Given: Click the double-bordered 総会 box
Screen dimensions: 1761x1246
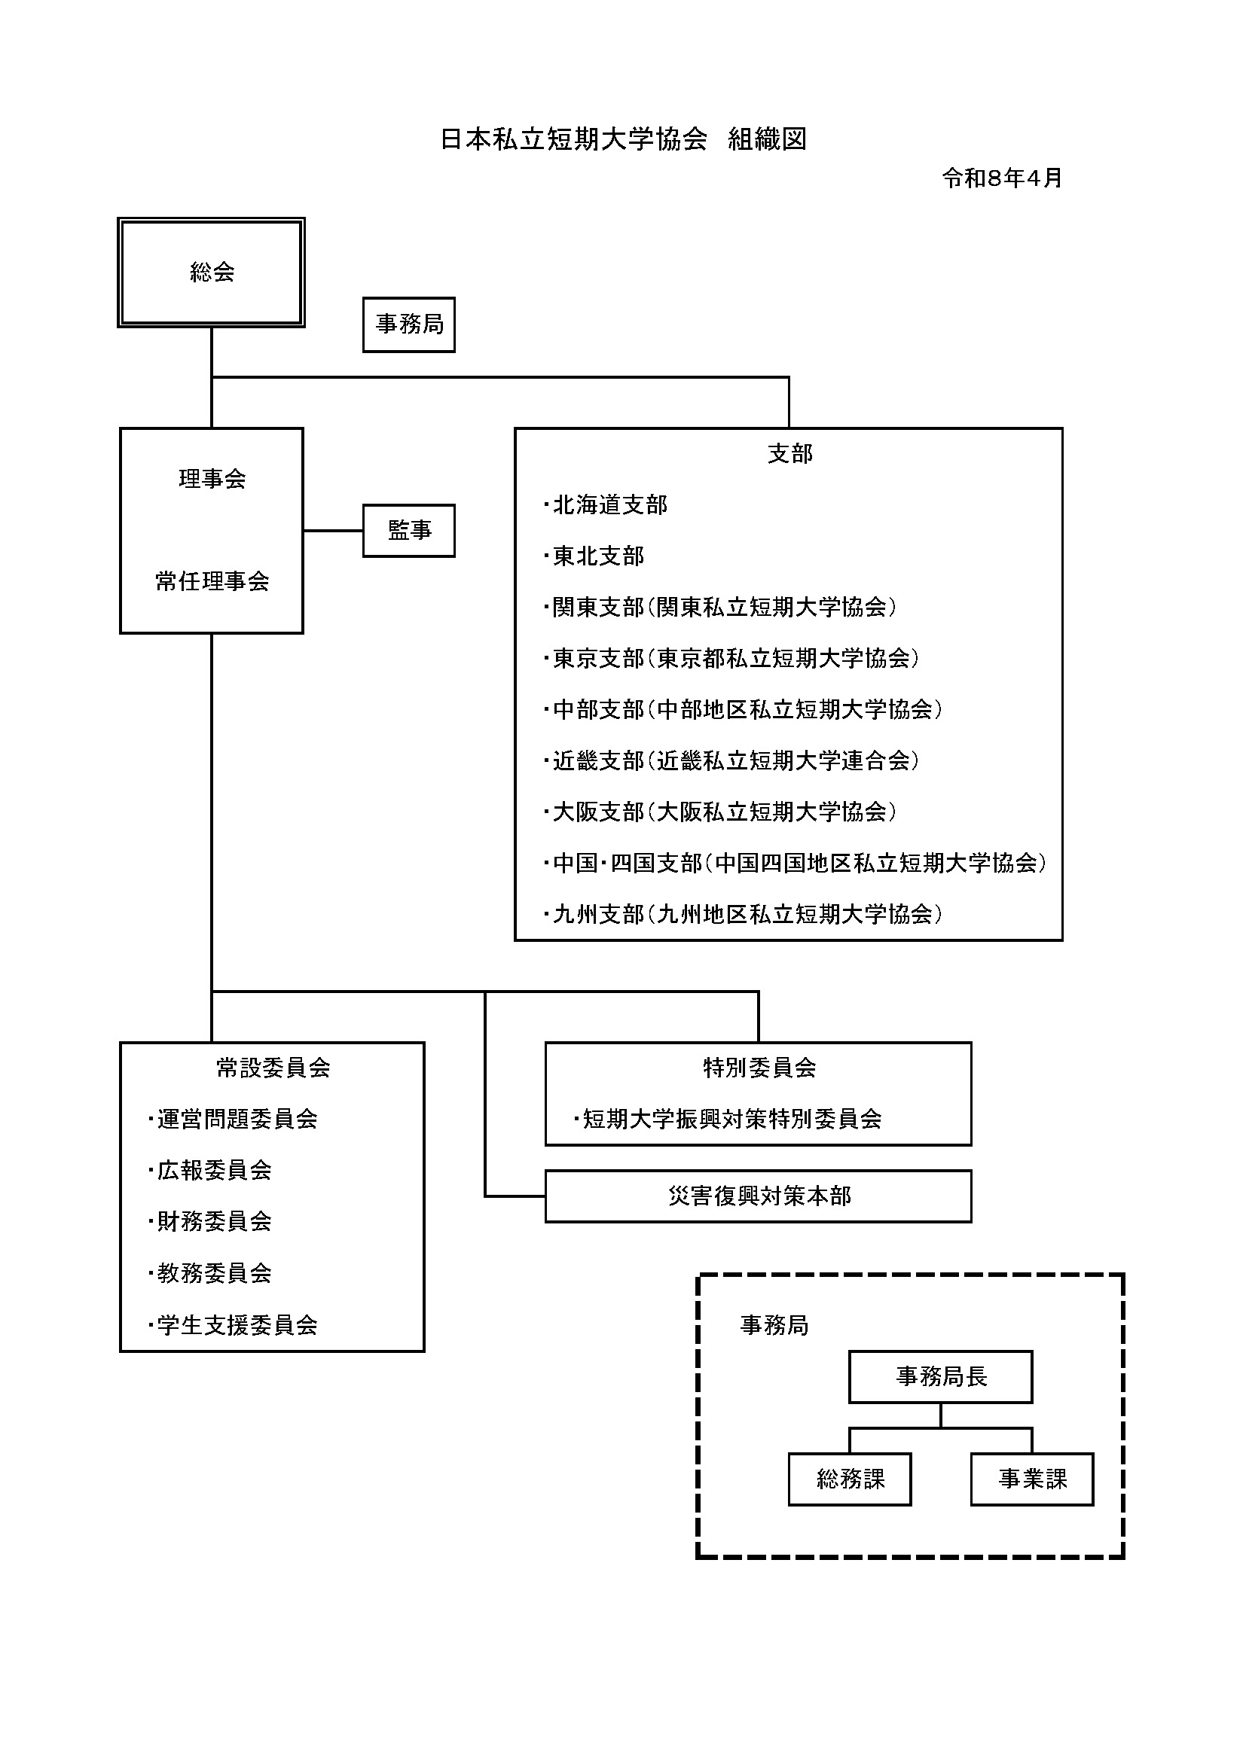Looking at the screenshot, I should coord(211,273).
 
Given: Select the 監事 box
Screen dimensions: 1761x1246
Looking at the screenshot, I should coord(409,530).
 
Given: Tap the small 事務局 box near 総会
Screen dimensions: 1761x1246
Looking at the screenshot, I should coord(409,324).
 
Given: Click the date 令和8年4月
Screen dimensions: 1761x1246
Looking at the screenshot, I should coord(1002,178).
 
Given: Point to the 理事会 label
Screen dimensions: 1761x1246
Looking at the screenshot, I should coord(212,479).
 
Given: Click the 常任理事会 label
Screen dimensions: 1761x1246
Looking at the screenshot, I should coord(212,581).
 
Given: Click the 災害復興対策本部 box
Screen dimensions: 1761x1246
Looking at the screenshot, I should coord(758,1196).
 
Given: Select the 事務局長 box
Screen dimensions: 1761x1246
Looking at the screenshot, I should coord(941,1377).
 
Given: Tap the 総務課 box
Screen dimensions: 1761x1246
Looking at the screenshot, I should coord(850,1479).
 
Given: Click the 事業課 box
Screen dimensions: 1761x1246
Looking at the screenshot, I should coord(1032,1479).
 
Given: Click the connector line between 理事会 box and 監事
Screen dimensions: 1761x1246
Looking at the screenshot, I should coord(333,530).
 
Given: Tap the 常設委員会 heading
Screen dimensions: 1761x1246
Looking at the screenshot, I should coord(273,1068).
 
